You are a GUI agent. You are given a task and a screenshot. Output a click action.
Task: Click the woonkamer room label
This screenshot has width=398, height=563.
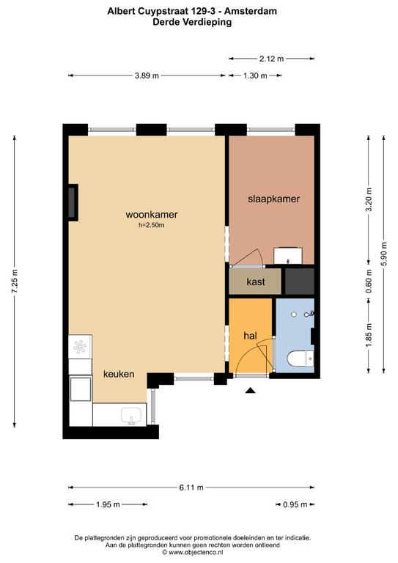pos(152,214)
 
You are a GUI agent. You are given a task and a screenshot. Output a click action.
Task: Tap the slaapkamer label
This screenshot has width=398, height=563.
pos(274,199)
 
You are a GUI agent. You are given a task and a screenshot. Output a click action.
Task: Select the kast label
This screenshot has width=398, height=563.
pos(256,281)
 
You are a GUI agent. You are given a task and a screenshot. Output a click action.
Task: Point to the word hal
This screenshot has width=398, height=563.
pos(250,336)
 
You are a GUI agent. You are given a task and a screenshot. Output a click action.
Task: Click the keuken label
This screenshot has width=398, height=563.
pos(119,374)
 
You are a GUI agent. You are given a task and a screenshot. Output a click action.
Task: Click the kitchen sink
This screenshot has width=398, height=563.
pos(131,416)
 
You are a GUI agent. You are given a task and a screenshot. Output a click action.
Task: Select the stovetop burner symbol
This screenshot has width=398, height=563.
pos(80,347)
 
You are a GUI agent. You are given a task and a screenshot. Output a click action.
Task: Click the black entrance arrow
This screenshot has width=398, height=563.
pos(250,391)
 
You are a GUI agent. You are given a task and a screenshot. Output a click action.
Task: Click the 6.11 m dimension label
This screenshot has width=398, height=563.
pos(191,487)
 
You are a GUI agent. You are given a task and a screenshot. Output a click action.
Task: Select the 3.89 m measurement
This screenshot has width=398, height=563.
pos(147,76)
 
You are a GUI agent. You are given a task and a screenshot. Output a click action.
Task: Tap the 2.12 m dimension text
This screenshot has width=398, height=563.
pos(272,59)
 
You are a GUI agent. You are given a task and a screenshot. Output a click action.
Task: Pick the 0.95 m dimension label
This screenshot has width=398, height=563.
pos(295,504)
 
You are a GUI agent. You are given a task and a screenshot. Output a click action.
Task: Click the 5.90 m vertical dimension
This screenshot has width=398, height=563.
pos(384,254)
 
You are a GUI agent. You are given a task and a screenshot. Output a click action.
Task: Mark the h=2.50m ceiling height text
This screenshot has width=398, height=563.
pos(152,226)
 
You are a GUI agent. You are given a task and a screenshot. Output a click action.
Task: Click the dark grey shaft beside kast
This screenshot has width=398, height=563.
pos(300,281)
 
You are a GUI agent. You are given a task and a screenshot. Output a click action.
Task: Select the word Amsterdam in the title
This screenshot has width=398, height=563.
pos(251,11)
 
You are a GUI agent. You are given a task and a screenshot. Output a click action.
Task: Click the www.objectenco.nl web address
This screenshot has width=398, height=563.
pos(193,552)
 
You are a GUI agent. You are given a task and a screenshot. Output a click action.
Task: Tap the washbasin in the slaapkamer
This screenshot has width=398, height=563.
pos(288,256)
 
